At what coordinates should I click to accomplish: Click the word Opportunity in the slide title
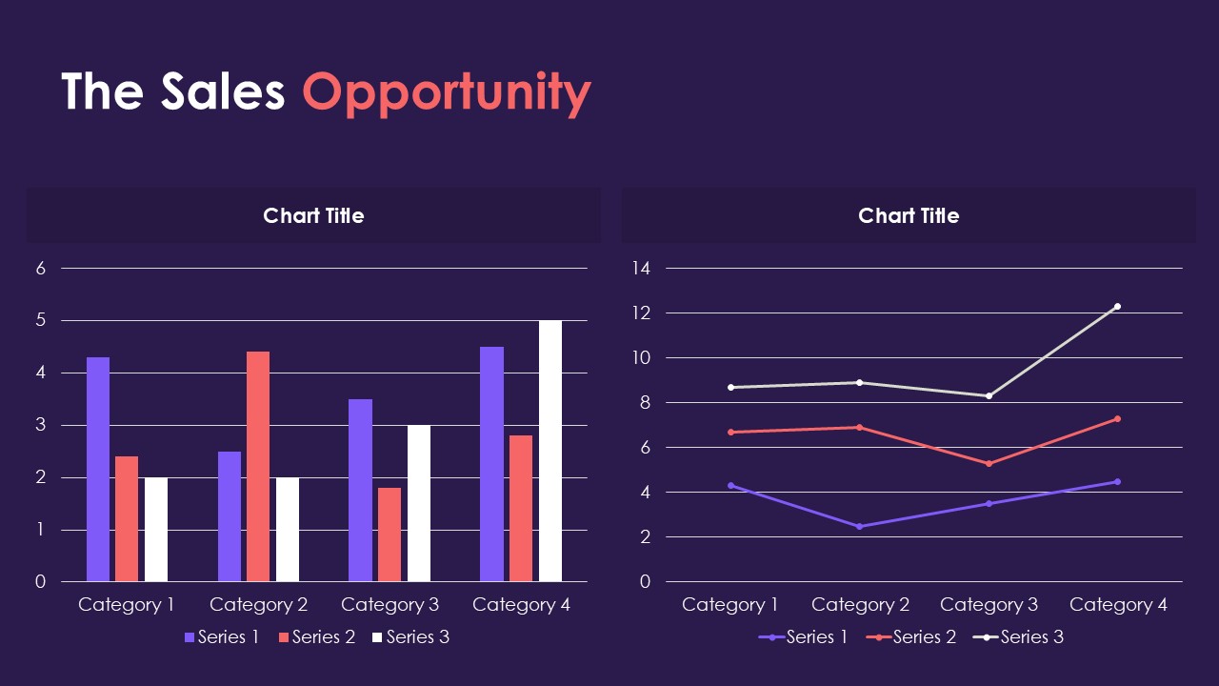coord(447,92)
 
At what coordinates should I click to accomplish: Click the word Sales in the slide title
coord(223,91)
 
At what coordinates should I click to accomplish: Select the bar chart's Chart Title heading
coord(313,215)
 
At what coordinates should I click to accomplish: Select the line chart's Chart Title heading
coord(909,215)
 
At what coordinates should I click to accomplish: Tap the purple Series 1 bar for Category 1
coord(98,469)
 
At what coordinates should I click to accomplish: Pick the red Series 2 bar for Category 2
coord(258,466)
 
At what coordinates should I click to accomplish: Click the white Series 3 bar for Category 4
coord(550,451)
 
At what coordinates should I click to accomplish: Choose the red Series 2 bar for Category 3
coord(390,535)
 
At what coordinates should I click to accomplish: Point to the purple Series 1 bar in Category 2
coord(230,516)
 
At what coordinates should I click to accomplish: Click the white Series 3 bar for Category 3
coord(419,503)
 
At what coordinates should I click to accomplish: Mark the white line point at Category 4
coord(1117,307)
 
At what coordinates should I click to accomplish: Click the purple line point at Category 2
coord(859,526)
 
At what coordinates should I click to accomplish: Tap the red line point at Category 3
coord(989,463)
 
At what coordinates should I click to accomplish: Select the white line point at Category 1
coord(730,387)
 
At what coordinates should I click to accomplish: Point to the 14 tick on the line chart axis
coord(640,269)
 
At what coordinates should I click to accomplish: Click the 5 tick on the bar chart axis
coord(41,320)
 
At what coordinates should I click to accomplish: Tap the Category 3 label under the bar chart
coord(390,605)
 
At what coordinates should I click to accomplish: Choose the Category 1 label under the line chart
coord(730,605)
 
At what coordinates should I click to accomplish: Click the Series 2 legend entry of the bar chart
coord(317,637)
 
